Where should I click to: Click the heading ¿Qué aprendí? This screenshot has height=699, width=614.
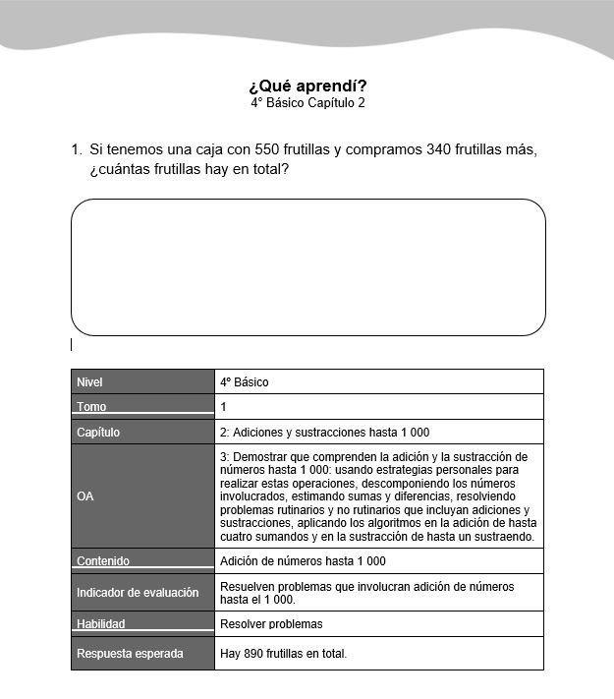pos(307,85)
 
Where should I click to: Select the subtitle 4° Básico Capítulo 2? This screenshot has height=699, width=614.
pos(307,102)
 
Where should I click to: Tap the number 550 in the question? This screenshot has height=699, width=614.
pos(266,149)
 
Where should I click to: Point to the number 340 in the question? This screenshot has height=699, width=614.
pos(439,149)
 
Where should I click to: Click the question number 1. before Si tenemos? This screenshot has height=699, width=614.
pos(76,149)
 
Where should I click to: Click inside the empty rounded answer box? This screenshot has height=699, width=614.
pos(307,267)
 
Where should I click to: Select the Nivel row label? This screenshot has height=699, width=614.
pos(89,381)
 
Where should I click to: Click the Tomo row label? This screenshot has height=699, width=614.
pos(91,406)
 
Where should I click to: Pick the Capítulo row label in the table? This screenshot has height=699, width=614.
pos(98,432)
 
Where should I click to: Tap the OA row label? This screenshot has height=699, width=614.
pos(85,496)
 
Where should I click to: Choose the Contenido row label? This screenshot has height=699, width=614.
pos(103,560)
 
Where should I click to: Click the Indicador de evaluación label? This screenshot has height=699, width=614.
pos(138,592)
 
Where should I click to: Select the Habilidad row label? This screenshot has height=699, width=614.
pos(101,623)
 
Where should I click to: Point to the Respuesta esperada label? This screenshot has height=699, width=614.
pos(130,653)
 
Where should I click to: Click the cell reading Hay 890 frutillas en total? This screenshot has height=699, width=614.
pos(283,653)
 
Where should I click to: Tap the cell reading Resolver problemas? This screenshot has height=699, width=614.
pos(271,623)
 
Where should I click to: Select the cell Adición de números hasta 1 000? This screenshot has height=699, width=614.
pos(303,560)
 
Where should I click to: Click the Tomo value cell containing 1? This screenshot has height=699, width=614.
pos(224,406)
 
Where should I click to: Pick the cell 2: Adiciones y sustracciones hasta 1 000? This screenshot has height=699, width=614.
pos(324,432)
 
